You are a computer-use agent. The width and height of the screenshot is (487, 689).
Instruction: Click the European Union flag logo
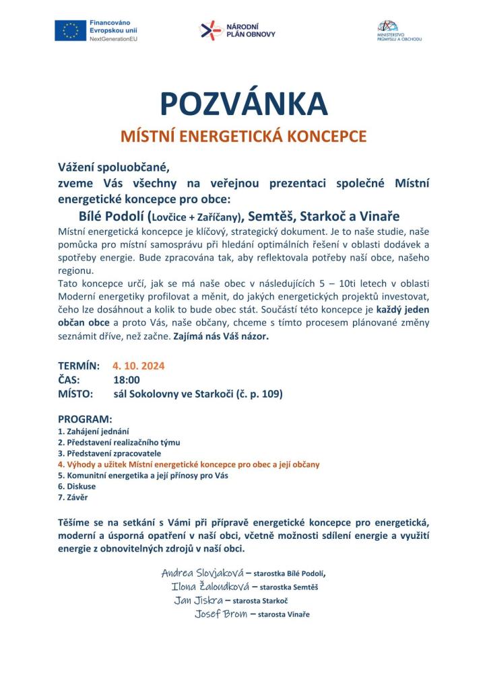[x=71, y=30]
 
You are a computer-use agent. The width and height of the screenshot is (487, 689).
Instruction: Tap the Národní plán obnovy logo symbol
[x=210, y=30]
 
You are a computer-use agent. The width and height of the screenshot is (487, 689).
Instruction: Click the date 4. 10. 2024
[x=139, y=366]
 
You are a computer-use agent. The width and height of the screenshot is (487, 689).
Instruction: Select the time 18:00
[x=127, y=380]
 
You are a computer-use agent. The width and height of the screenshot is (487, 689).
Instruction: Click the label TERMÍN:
[x=79, y=366]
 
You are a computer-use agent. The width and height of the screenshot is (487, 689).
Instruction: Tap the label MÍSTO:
[x=75, y=394]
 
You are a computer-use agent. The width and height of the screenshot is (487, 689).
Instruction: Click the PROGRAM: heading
[x=85, y=419]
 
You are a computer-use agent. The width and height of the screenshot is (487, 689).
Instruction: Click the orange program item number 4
[x=60, y=464]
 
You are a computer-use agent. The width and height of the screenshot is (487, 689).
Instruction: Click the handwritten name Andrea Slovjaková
[x=201, y=573]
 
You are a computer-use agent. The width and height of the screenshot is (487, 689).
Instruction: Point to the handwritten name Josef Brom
[x=221, y=614]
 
